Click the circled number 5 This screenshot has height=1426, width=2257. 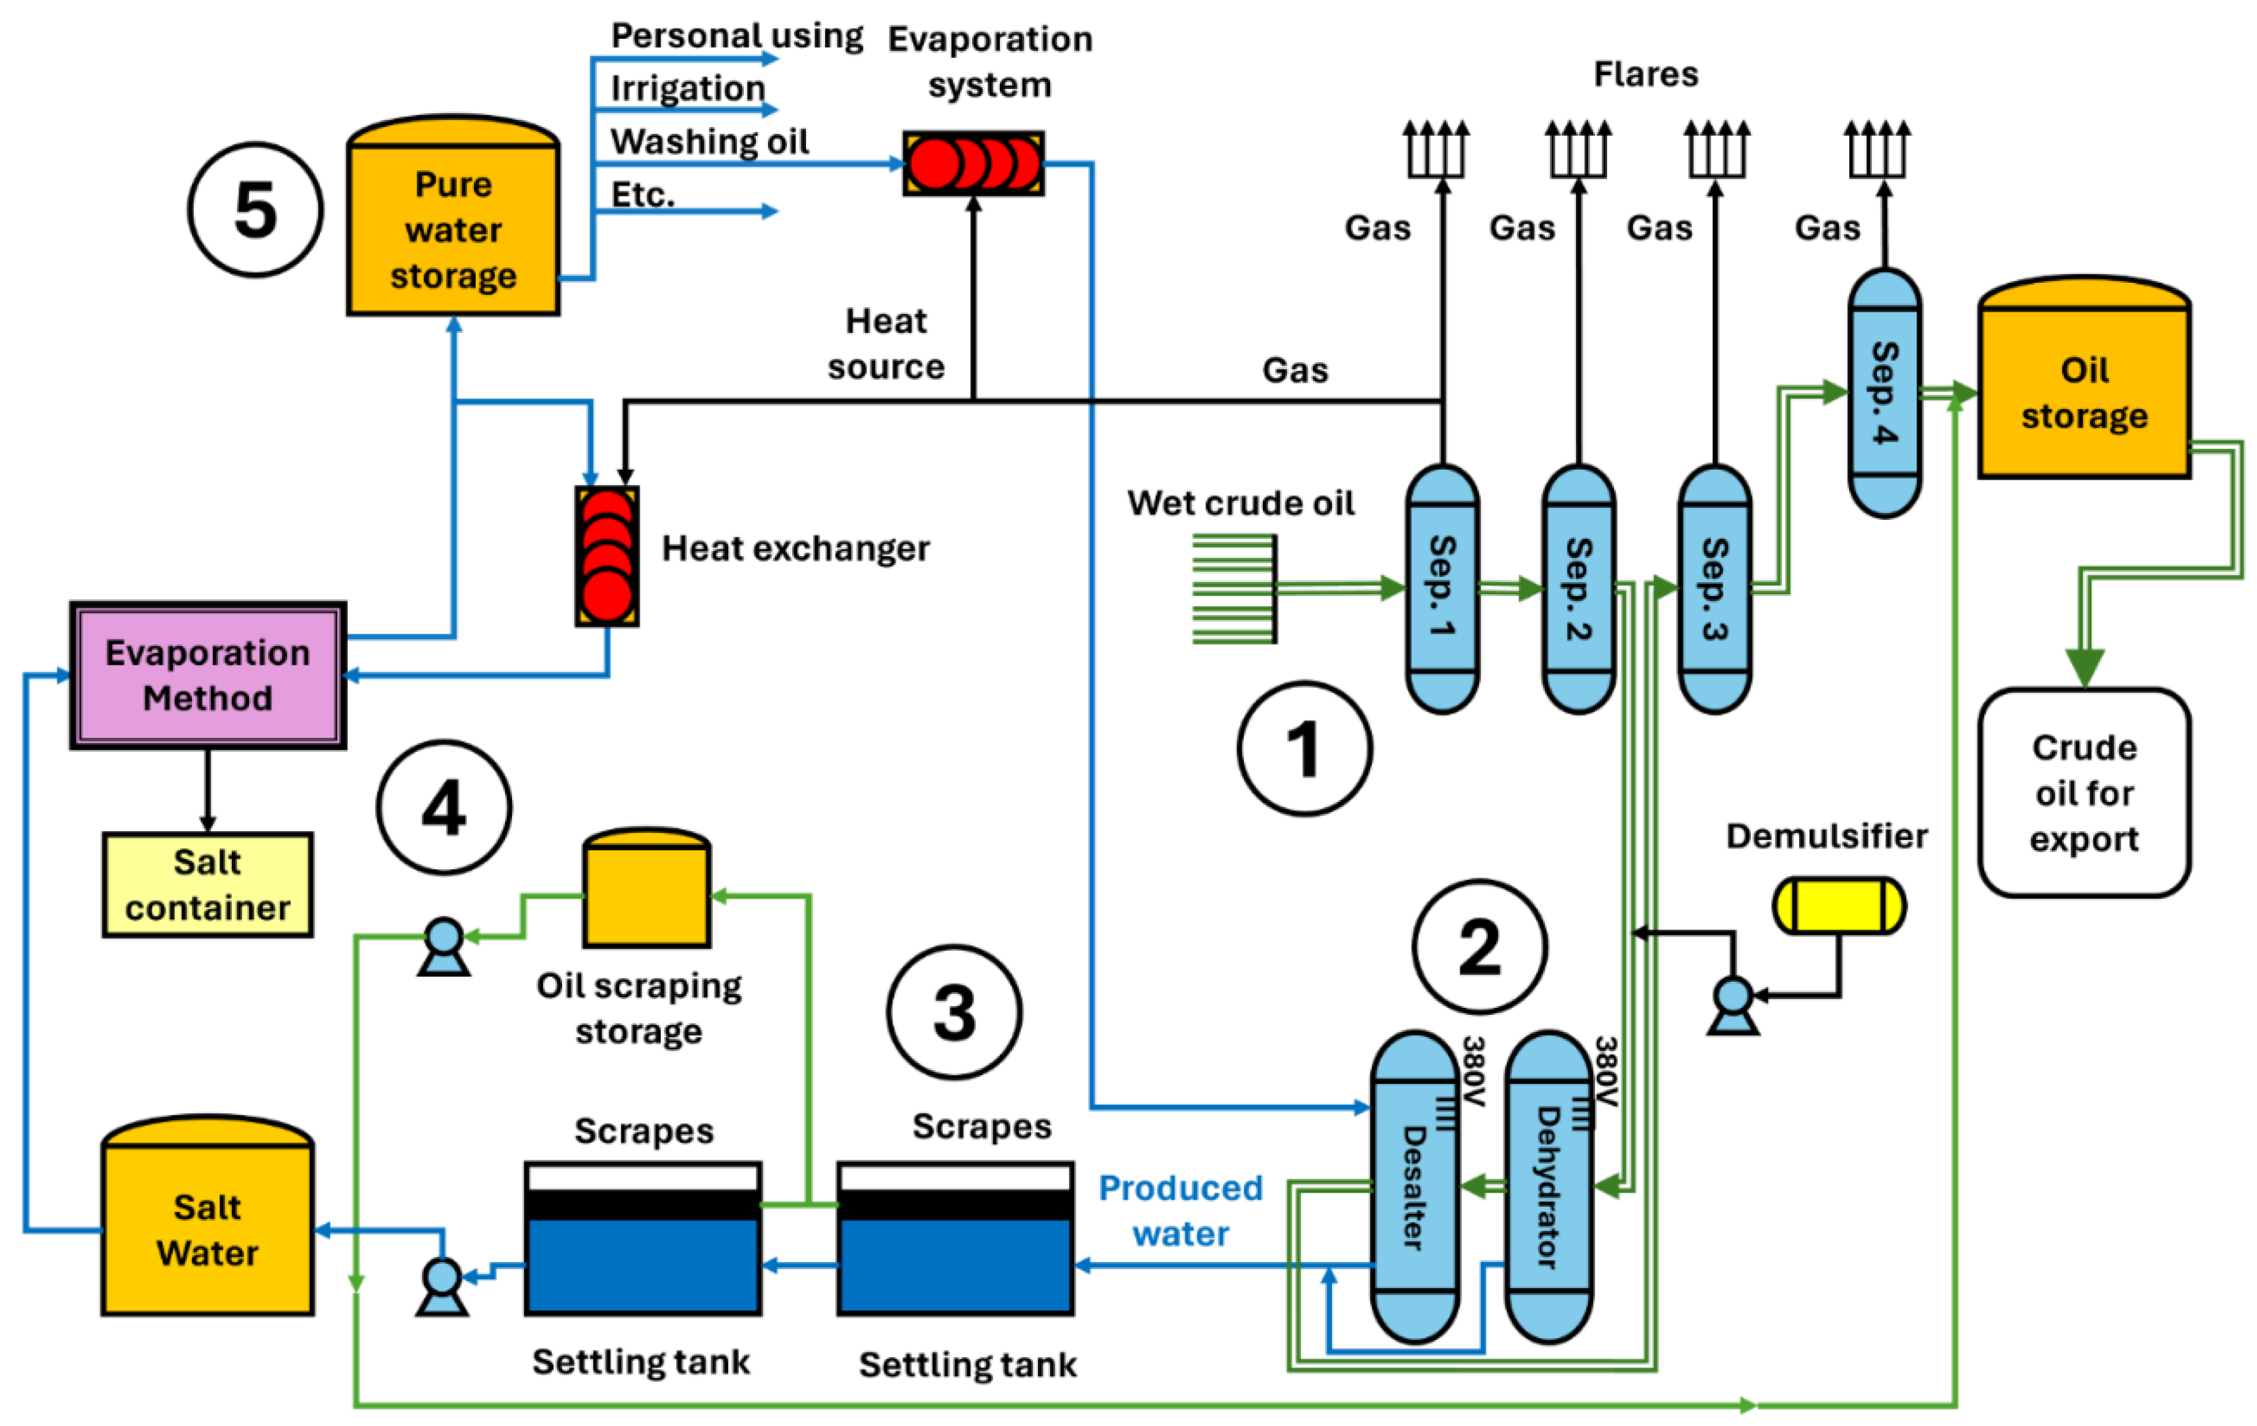pyautogui.click(x=255, y=210)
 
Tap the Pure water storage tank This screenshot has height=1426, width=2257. pyautogui.click(x=454, y=225)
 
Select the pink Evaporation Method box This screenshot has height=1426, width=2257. pyautogui.click(x=208, y=675)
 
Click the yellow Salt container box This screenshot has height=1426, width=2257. pyautogui.click(x=208, y=884)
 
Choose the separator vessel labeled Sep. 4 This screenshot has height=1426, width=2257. pyautogui.click(x=1884, y=392)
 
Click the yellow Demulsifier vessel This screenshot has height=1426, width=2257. pyautogui.click(x=1838, y=906)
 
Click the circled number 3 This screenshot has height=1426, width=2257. pyautogui.click(x=954, y=1012)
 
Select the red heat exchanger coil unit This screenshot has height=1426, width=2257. pyautogui.click(x=607, y=556)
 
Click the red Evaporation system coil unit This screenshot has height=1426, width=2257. pyautogui.click(x=974, y=164)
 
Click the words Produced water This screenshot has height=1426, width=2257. pyautogui.click(x=1180, y=1211)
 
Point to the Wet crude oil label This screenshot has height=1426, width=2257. pyautogui.click(x=1240, y=503)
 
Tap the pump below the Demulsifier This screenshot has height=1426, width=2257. pyautogui.click(x=1732, y=1004)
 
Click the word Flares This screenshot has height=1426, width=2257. pyautogui.click(x=1646, y=74)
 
